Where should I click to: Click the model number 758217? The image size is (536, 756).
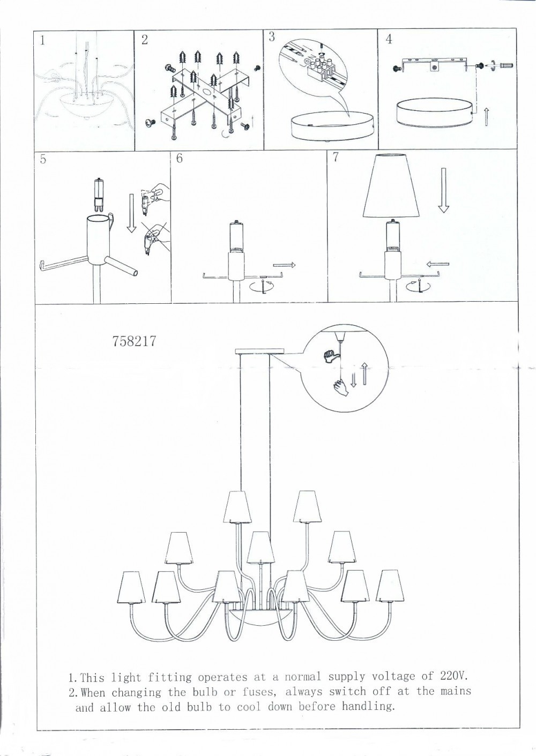pos(134,341)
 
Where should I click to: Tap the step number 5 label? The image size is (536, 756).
pos(43,159)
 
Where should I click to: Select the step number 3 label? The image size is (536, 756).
pos(272,36)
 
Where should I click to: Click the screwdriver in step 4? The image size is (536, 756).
pos(505,65)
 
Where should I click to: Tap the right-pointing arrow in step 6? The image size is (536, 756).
pos(284,265)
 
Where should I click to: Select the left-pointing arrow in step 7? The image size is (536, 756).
pos(437,264)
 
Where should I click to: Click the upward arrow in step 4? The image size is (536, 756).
pos(486,116)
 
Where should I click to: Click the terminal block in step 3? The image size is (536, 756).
pos(317,70)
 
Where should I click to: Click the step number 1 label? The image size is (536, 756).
pos(42,41)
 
